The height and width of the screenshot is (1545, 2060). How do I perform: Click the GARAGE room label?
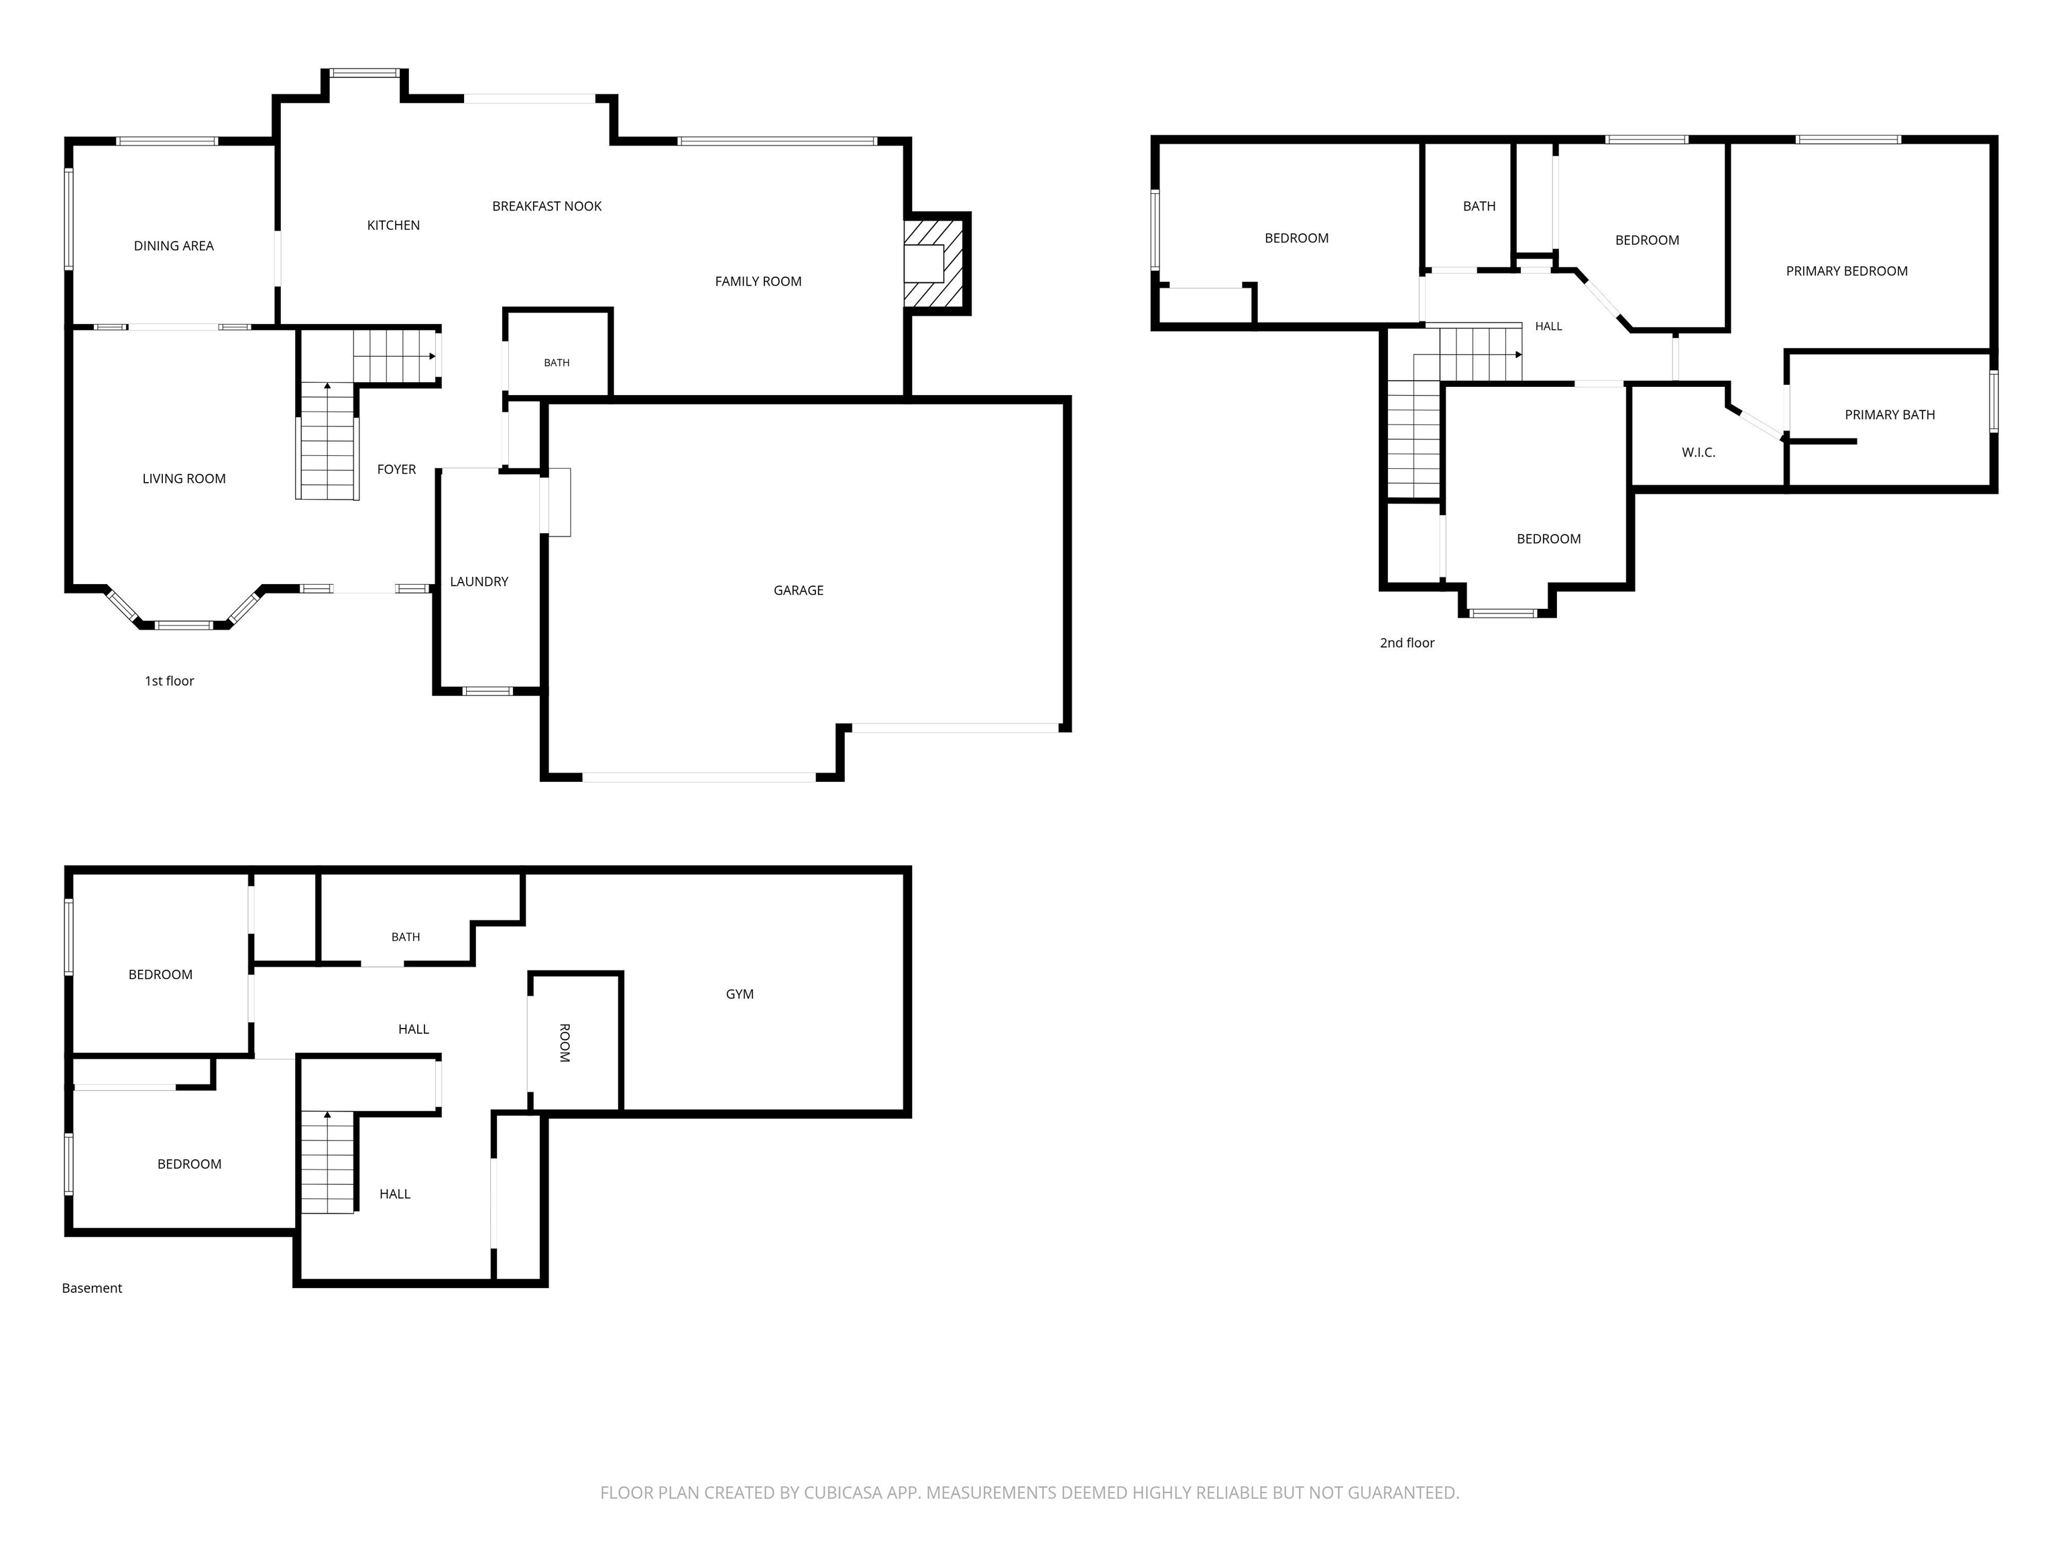(798, 590)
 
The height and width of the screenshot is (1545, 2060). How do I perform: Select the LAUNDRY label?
(479, 582)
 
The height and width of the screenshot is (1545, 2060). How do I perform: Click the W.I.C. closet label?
(1698, 453)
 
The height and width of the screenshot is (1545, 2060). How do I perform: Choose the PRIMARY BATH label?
(1890, 415)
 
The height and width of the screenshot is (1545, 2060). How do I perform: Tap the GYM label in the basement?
(740, 994)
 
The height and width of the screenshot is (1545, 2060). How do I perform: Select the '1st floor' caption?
(170, 681)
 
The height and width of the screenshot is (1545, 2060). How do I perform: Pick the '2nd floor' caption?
(1407, 642)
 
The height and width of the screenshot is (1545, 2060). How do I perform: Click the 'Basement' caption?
(92, 1288)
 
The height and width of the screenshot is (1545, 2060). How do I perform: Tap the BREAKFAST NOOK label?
(547, 207)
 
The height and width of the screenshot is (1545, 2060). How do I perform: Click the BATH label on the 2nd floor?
(1479, 207)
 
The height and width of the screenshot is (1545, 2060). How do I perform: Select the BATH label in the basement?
(405, 937)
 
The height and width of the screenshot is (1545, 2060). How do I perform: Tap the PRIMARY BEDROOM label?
(1847, 271)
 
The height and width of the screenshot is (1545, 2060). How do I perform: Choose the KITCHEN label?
(393, 225)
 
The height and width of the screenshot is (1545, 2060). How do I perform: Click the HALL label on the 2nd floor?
(1549, 326)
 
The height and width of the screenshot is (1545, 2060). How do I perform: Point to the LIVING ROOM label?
(184, 479)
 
